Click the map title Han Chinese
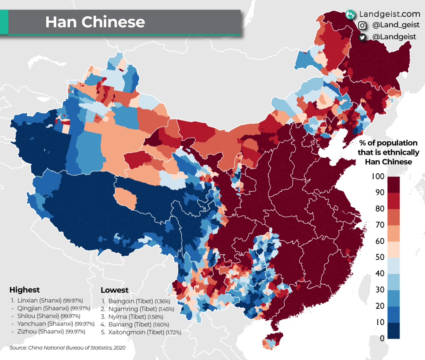click(x=95, y=22)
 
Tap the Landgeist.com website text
click(x=390, y=14)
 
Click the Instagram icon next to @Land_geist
click(x=362, y=26)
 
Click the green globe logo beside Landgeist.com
click(x=350, y=15)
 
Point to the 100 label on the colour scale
click(x=378, y=176)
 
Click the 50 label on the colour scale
click(x=380, y=257)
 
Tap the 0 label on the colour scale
click(x=382, y=338)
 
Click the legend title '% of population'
click(x=388, y=143)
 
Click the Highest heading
click(x=24, y=290)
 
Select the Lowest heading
click(x=114, y=290)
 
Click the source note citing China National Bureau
click(x=67, y=348)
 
